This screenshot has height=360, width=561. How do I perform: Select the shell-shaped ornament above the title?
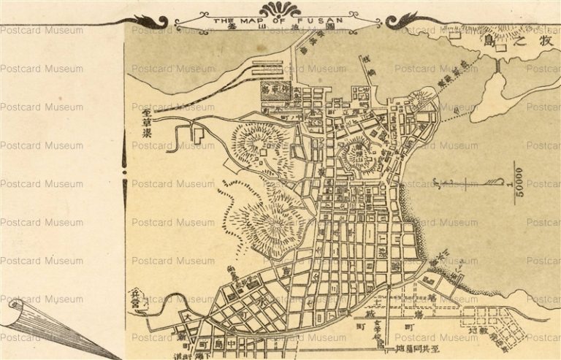tap(280, 8)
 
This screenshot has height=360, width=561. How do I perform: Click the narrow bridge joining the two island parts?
tap(499, 66)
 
